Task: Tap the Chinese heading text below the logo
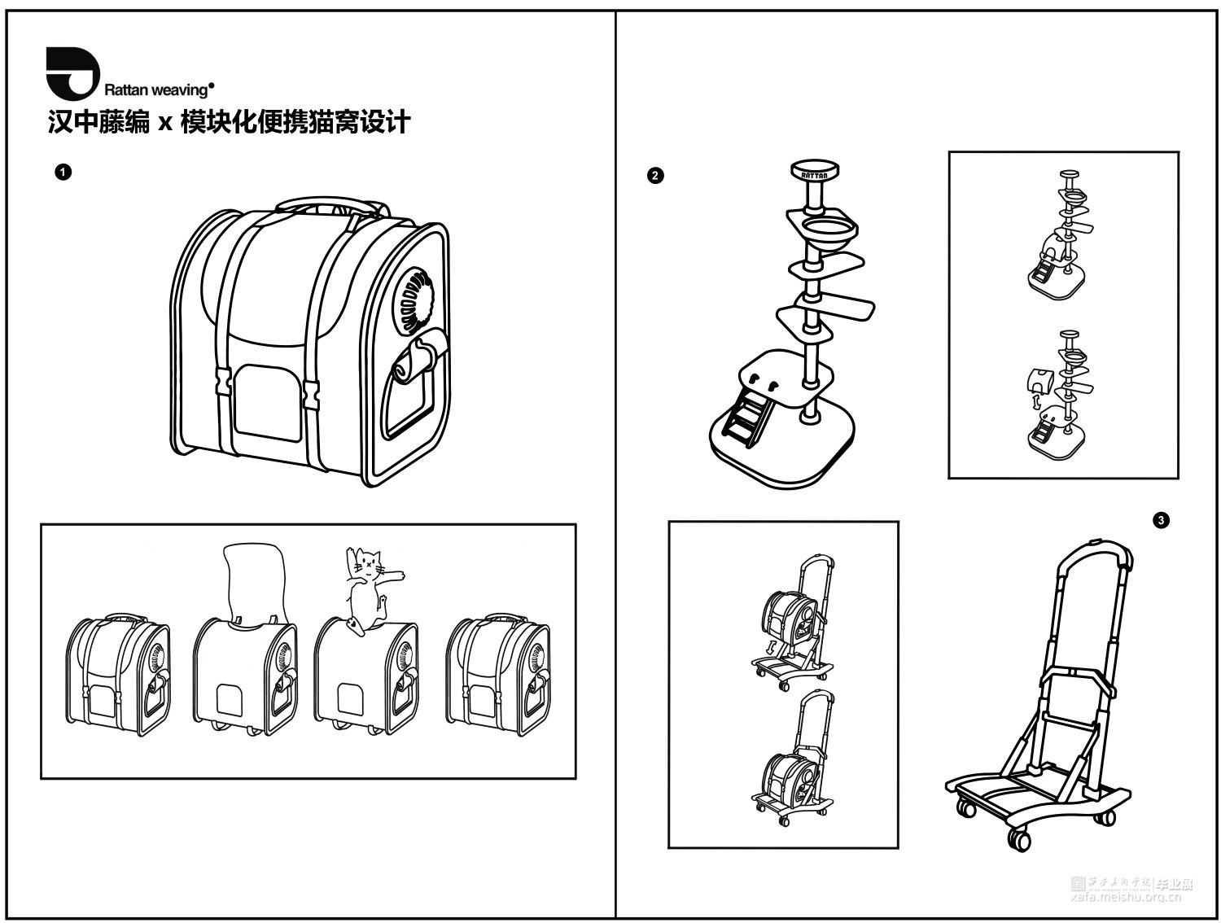229,122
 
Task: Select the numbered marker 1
63,172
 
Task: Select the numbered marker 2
654,175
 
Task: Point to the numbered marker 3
1162,519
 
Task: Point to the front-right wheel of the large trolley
1017,839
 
